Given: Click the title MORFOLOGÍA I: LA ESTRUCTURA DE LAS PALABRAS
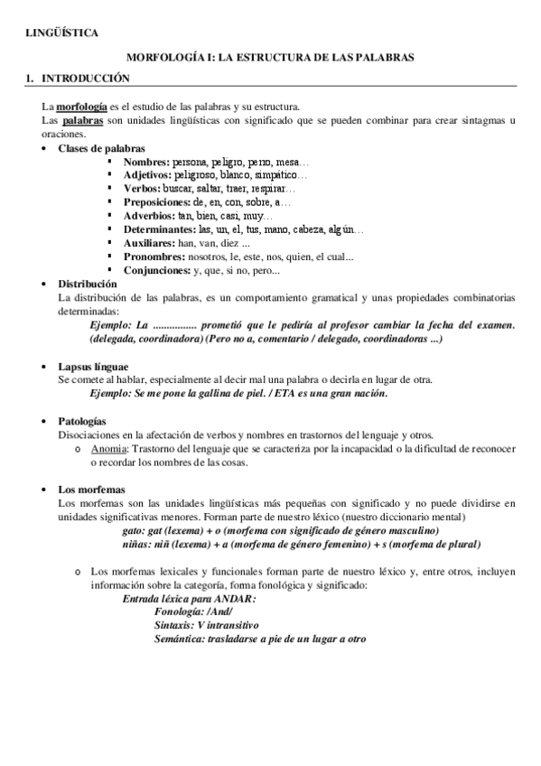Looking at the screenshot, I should (269, 56).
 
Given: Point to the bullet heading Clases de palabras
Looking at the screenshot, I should (100, 147).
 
